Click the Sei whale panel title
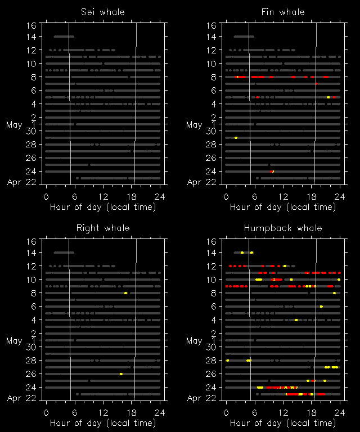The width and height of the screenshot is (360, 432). point(102,12)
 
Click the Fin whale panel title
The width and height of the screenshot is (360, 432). point(283,12)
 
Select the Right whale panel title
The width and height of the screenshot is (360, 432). point(102,228)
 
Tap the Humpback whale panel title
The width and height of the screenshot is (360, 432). point(283,228)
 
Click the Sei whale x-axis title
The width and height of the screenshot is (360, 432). point(103,206)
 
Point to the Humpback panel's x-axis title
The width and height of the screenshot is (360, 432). point(283,422)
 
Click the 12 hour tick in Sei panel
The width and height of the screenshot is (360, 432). point(103,196)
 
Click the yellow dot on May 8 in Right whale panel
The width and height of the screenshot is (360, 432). point(125,293)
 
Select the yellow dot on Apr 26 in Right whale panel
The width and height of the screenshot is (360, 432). point(121,374)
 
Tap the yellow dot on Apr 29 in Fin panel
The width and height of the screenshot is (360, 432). point(236,138)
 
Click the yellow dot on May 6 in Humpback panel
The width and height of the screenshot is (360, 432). point(321,307)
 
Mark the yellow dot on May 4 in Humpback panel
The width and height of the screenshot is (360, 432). point(296,320)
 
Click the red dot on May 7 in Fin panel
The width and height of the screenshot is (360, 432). point(317,84)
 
